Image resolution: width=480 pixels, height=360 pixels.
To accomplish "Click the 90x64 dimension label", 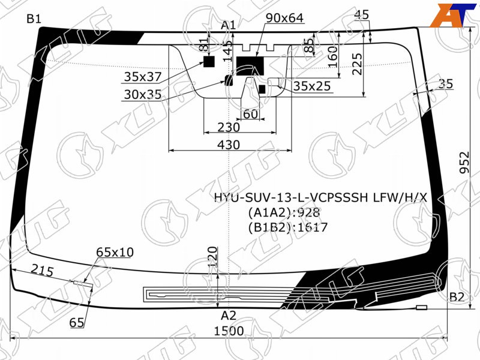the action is (x=284, y=18).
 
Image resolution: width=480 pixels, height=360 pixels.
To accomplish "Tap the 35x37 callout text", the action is (x=143, y=77).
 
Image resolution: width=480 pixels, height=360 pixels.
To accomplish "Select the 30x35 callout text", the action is (x=143, y=95).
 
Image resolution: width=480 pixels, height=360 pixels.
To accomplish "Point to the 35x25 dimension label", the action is (x=312, y=86).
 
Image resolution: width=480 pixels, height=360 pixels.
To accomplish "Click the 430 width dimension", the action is (x=229, y=145).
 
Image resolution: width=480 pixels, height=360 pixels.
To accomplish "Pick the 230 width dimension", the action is (x=229, y=127).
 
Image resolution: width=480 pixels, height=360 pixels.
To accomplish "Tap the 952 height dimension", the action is (x=464, y=162).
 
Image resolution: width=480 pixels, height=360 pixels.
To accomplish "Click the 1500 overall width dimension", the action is (x=229, y=331).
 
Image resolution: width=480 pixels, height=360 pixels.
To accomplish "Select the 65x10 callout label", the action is (x=115, y=252).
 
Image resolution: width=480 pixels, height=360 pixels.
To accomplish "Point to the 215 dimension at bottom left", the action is (x=42, y=271).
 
